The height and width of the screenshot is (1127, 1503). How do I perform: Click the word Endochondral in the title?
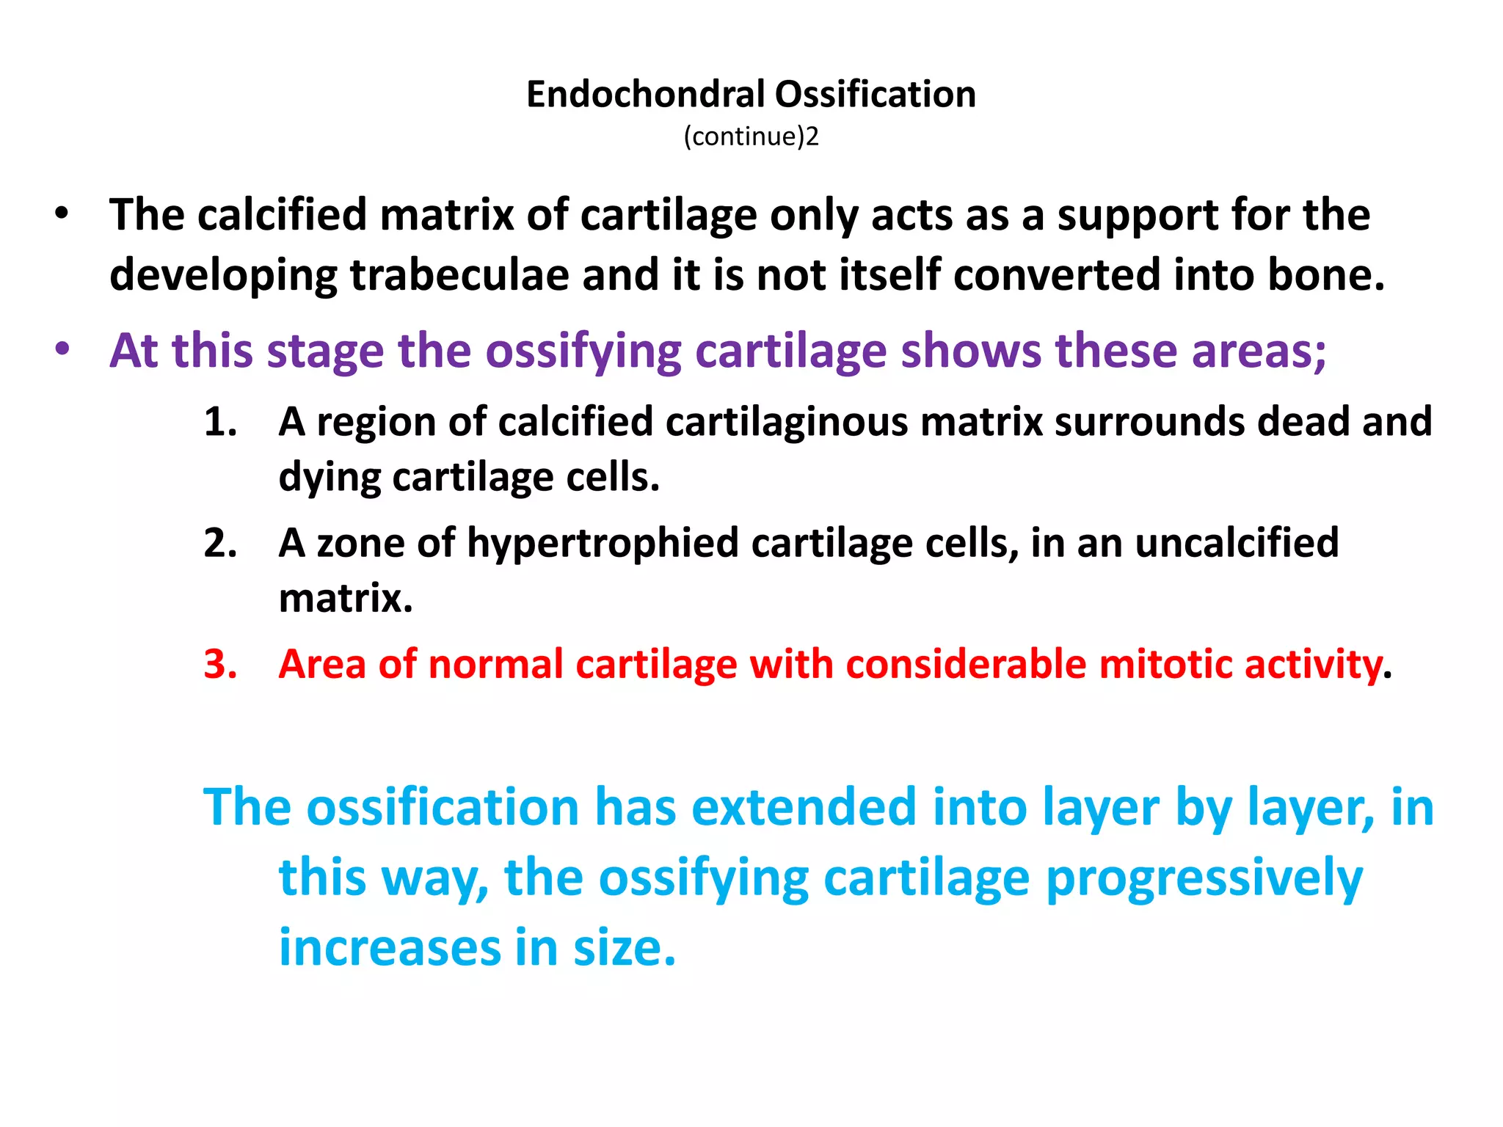(646, 95)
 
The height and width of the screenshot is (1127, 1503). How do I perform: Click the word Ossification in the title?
(876, 95)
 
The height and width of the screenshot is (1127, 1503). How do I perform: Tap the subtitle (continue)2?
(751, 137)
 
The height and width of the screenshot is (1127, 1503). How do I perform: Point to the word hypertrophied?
(603, 544)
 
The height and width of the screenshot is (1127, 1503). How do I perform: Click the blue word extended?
(804, 808)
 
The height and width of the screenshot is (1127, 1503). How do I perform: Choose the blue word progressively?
(1204, 878)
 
